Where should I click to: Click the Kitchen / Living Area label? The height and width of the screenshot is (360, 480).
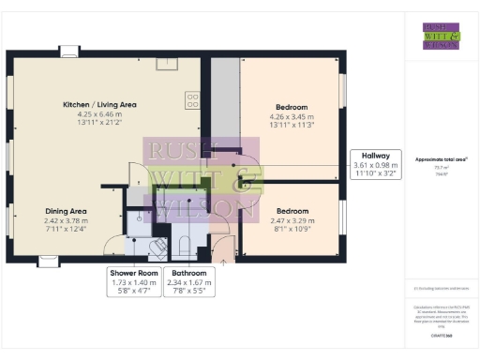coord(101,103)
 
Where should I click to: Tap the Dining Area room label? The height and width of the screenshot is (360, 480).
coord(67,211)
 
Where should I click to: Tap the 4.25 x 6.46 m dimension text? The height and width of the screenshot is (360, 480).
coord(101,113)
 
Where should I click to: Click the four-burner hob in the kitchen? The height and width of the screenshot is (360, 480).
coord(193,97)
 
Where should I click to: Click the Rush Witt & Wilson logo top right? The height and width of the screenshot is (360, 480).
coord(441,35)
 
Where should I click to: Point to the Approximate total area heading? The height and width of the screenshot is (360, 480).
coord(441,160)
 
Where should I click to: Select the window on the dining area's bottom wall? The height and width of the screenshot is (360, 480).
coord(48,260)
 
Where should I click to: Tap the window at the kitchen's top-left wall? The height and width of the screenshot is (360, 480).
coord(68,52)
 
